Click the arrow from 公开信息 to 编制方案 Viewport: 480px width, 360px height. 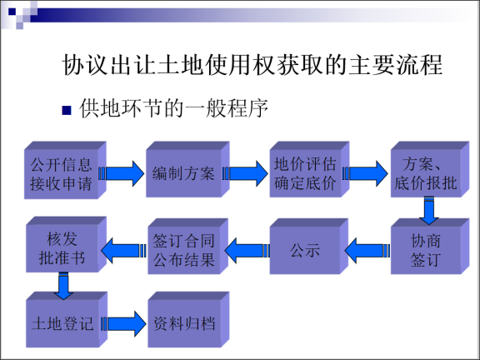[x=122, y=173]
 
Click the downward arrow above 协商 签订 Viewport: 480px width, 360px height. [x=429, y=212]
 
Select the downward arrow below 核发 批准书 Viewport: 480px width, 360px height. [x=63, y=285]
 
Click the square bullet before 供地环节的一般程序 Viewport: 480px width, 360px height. [x=67, y=111]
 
